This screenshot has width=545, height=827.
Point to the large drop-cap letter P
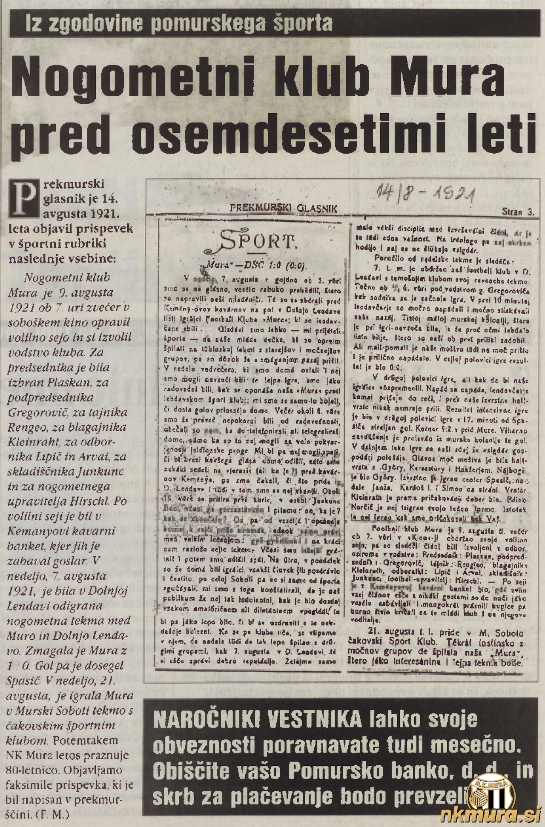(x=25, y=199)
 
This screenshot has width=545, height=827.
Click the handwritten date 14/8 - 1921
(x=426, y=195)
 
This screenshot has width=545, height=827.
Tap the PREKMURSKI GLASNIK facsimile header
(x=283, y=209)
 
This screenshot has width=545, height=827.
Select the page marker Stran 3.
(x=518, y=212)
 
